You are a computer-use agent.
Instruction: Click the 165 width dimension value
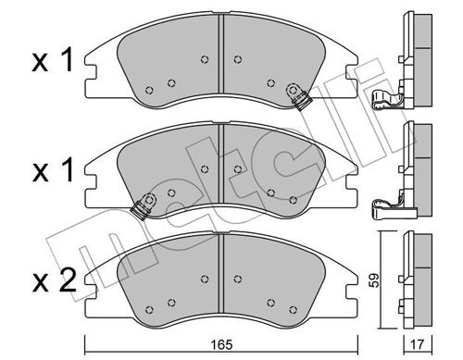click(x=222, y=344)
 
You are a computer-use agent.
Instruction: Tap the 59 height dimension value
click(x=374, y=280)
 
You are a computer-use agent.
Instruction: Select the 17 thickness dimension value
click(x=419, y=344)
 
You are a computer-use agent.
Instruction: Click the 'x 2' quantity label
click(x=55, y=280)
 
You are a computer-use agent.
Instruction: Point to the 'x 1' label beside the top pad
click(x=53, y=60)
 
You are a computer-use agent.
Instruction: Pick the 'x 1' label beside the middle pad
click(x=53, y=169)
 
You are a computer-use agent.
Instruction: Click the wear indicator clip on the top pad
click(x=298, y=96)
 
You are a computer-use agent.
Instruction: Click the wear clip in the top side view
click(x=388, y=100)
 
